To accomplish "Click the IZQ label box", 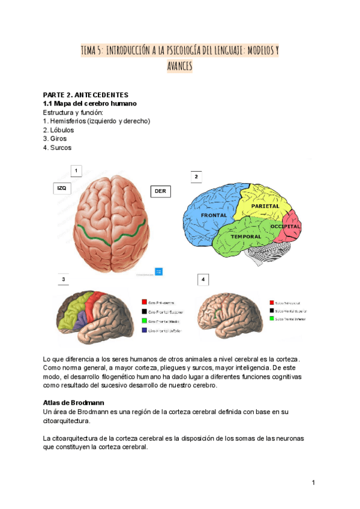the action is point(61,188).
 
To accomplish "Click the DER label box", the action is point(160,191).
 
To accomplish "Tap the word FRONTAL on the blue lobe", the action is point(213,215).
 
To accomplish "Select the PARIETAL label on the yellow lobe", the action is point(265,206).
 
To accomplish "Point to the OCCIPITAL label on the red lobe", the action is point(285,226).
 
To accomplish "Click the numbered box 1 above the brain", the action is point(76,171).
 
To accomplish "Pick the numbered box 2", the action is point(196,176).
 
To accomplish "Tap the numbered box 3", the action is point(62,280).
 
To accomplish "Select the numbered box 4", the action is point(203,280).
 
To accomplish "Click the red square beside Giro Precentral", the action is point(144,303).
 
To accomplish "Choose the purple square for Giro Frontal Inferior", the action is point(144,330).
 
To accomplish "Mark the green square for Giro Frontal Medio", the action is point(144,321).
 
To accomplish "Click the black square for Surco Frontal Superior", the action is point(272,311).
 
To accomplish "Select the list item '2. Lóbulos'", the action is point(58,130).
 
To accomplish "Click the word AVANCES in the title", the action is point(179,67).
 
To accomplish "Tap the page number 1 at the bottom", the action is point(313,483).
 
